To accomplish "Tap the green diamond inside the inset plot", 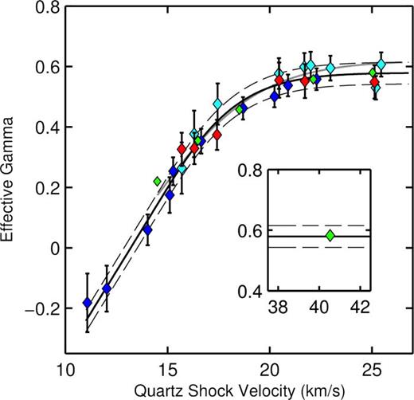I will click(330, 235).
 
